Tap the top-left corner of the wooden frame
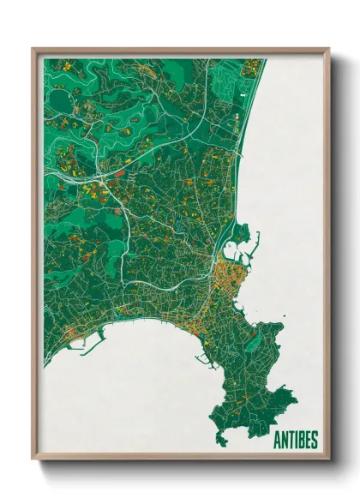pos(33,50)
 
